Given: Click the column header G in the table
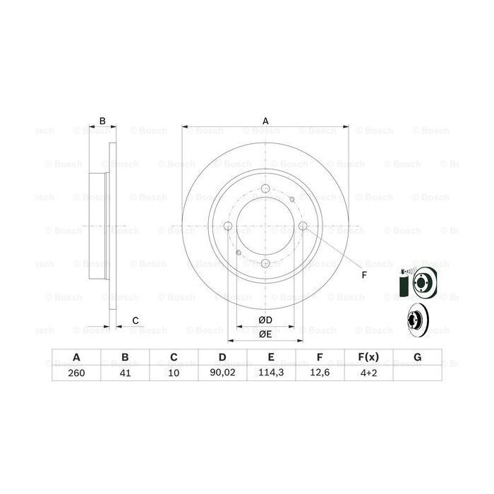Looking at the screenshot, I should (417, 358).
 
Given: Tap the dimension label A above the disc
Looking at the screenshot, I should (266, 121).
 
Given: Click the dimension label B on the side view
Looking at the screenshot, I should (102, 121).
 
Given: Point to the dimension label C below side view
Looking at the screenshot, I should (134, 321).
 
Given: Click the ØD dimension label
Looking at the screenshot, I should (265, 321).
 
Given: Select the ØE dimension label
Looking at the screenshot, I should (265, 334).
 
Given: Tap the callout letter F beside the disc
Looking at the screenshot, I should (364, 275).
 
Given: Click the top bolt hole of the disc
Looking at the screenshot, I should (265, 188).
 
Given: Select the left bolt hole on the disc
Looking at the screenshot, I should (228, 226).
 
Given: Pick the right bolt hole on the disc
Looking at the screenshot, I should (303, 226).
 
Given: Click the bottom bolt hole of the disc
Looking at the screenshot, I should (265, 263).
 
